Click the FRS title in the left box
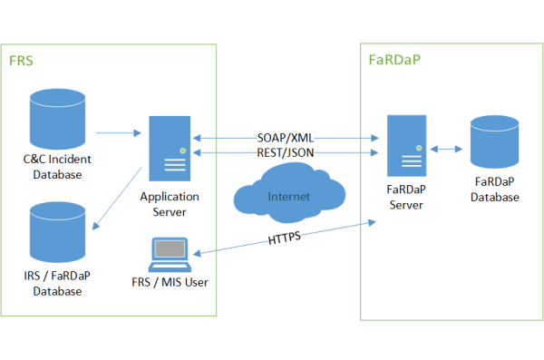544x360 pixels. [21, 62]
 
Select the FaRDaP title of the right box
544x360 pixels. [394, 62]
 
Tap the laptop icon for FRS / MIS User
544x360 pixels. [170, 256]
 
